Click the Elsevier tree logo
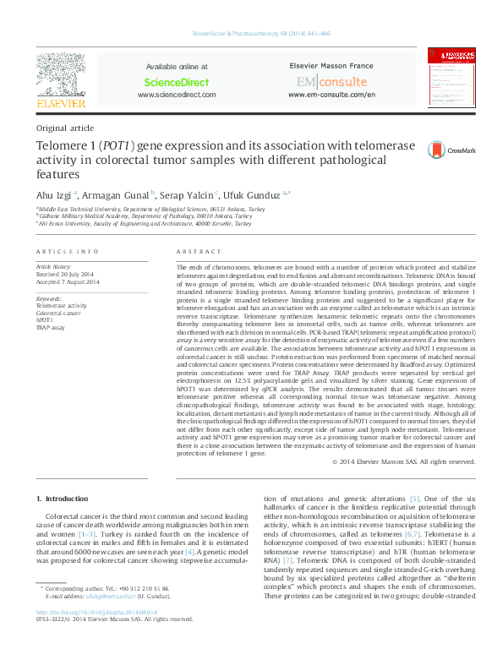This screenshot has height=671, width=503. click(x=60, y=76)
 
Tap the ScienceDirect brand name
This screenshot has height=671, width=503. click(x=177, y=82)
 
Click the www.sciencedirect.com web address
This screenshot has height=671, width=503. click(x=177, y=95)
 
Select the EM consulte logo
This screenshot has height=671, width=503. click(x=331, y=82)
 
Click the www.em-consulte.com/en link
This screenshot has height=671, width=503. click(x=331, y=95)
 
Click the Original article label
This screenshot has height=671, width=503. click(x=65, y=128)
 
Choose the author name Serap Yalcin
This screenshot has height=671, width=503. click(x=188, y=194)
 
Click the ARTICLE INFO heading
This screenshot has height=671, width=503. click(x=68, y=253)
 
